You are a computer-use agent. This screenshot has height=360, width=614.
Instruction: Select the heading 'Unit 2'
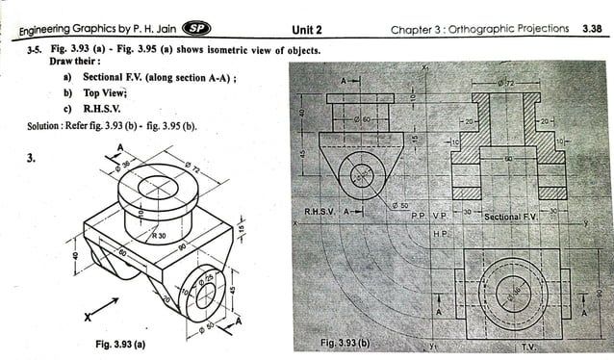pyautogui.click(x=306, y=29)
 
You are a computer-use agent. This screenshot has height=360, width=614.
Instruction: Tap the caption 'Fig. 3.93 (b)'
pyautogui.click(x=344, y=343)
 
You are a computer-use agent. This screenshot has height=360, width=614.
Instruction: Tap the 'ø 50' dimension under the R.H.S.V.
pyautogui.click(x=402, y=205)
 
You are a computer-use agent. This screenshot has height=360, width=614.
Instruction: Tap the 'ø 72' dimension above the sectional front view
pyautogui.click(x=508, y=85)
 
